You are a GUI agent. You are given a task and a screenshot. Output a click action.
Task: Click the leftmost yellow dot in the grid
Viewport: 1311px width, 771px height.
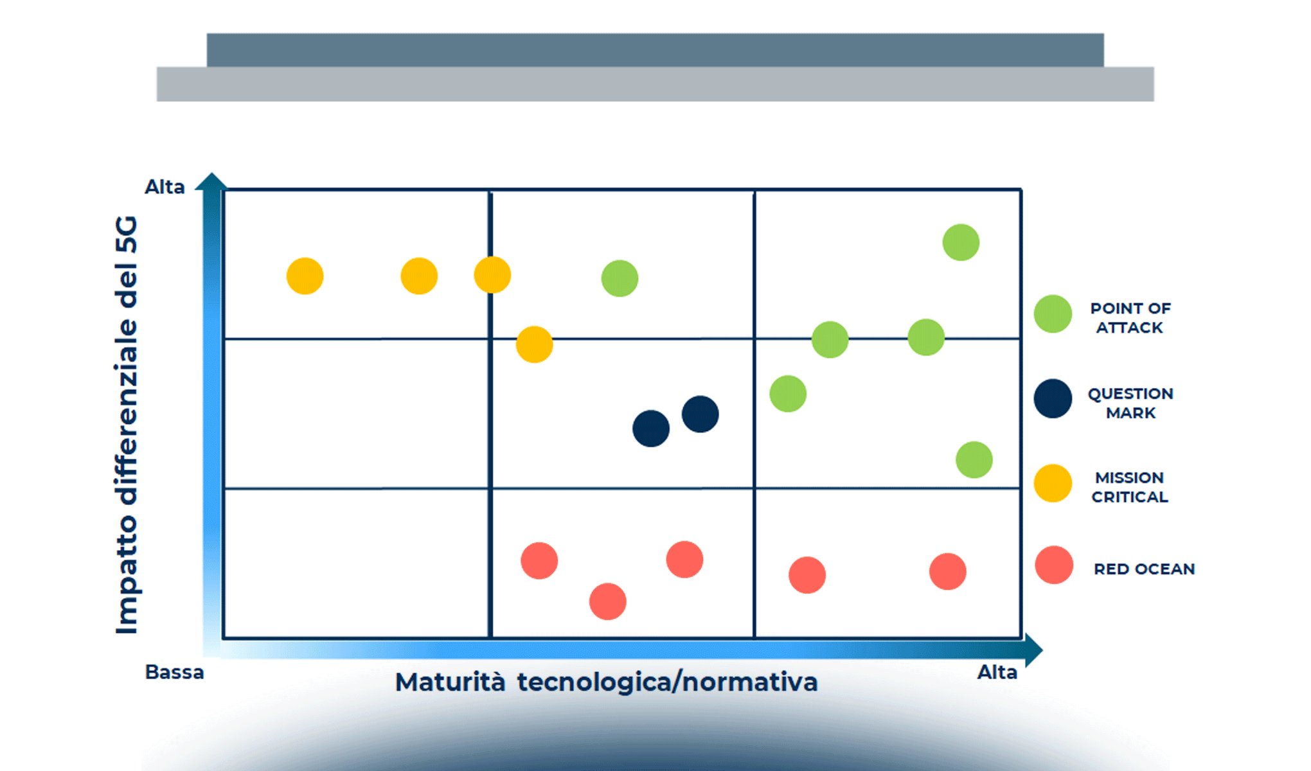point(305,276)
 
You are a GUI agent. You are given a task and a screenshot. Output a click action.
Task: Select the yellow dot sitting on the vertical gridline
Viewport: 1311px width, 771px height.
point(492,275)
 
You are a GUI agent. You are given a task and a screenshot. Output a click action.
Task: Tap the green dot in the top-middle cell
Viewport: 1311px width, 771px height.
point(620,278)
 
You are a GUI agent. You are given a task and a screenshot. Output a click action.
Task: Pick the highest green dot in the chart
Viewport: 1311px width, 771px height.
point(961,243)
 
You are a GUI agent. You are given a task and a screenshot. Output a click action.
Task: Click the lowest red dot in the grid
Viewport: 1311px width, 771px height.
point(607,601)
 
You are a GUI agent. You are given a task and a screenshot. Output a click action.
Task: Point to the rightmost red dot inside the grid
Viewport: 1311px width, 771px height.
point(947,571)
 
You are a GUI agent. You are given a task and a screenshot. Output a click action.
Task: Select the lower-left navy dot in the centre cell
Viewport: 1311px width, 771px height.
point(650,429)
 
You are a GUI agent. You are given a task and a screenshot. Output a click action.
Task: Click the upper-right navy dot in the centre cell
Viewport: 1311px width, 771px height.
point(700,414)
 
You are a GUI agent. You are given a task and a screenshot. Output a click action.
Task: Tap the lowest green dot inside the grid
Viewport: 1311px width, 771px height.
point(974,460)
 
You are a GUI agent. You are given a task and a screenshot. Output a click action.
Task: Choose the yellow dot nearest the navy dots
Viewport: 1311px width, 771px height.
point(534,344)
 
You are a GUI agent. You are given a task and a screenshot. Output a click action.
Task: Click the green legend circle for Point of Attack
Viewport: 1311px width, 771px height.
point(1053,314)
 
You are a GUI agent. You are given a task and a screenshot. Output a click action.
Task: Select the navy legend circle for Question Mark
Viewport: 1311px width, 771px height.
point(1053,399)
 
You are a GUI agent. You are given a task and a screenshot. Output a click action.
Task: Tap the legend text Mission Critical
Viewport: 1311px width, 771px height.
point(1130,487)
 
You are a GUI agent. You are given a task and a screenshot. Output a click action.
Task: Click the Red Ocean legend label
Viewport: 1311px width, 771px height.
point(1144,569)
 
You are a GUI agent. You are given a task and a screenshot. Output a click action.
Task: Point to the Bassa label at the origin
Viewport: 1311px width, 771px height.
point(174,672)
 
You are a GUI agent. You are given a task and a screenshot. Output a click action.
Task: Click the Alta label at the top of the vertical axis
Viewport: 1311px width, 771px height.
point(165,187)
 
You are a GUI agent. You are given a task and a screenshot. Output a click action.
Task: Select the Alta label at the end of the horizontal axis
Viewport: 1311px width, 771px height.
point(997,672)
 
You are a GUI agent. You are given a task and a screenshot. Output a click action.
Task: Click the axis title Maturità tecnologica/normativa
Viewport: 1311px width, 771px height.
point(606,682)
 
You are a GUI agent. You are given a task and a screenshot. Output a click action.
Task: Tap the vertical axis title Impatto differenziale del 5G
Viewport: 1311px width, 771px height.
point(127,425)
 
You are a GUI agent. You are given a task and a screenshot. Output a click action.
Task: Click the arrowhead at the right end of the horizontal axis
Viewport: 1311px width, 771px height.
point(1033,650)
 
